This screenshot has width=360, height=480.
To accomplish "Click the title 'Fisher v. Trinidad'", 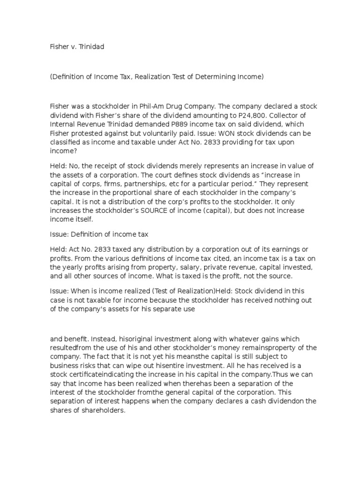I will pos(76,46).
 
